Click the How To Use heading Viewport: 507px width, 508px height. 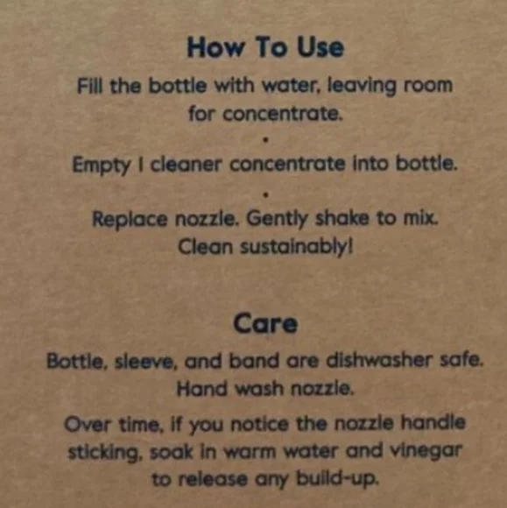[265, 47]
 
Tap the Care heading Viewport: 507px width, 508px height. [265, 323]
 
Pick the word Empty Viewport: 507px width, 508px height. [101, 165]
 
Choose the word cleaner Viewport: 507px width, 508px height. [186, 164]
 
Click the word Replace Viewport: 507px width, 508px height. [130, 219]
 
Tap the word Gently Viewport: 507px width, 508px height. [277, 219]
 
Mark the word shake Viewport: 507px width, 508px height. [342, 218]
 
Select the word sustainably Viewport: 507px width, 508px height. [296, 248]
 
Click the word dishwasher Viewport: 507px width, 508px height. [379, 360]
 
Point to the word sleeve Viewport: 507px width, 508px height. [145, 361]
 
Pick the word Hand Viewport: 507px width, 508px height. [202, 388]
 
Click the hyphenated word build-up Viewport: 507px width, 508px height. [338, 478]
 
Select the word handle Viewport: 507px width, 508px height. [433, 422]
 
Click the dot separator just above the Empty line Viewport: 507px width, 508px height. [265, 140]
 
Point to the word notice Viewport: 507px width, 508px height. [259, 424]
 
